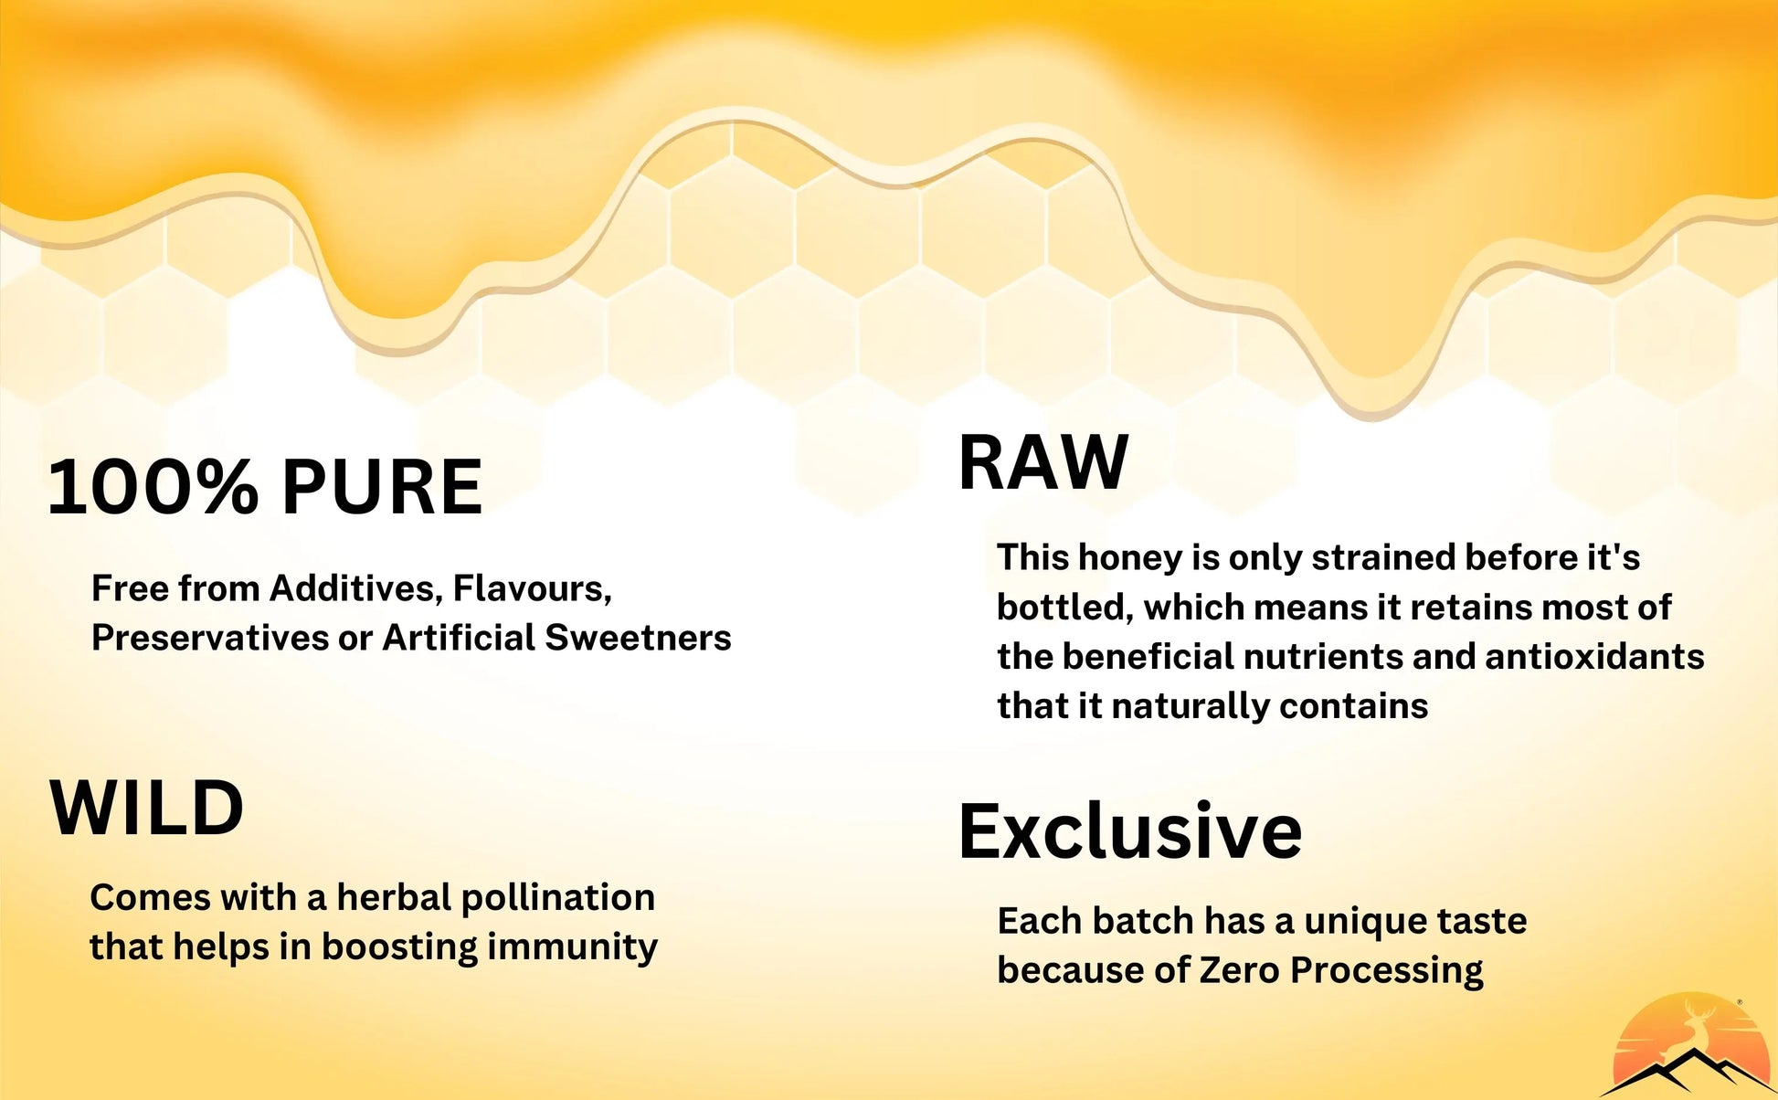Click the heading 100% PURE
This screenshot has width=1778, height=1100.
(265, 487)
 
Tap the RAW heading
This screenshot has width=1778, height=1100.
(1043, 463)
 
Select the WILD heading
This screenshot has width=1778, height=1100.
(146, 808)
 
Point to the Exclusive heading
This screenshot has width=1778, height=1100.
(1130, 830)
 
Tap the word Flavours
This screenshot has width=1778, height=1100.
(533, 588)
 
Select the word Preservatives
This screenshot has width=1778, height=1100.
(209, 638)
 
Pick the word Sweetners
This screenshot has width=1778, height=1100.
(638, 638)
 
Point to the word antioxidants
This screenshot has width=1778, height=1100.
(1594, 656)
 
